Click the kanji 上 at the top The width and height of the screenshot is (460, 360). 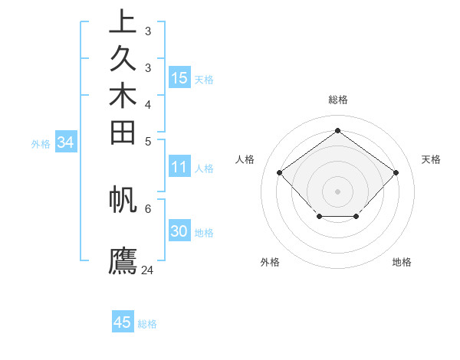pyautogui.click(x=123, y=22)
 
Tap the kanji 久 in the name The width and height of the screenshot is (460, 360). pyautogui.click(x=123, y=59)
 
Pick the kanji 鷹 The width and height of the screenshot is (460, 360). pyautogui.click(x=123, y=260)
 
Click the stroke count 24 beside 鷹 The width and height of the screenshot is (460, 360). pyautogui.click(x=148, y=270)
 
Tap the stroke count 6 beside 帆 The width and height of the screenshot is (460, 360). pyautogui.click(x=148, y=208)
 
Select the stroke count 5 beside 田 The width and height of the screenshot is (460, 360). pyautogui.click(x=148, y=141)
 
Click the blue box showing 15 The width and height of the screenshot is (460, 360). pyautogui.click(x=179, y=78)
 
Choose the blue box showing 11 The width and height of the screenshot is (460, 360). pyautogui.click(x=179, y=168)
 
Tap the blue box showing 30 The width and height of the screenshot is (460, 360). pyautogui.click(x=179, y=232)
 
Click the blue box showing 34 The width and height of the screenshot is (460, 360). pyautogui.click(x=66, y=142)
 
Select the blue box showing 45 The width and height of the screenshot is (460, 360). pyautogui.click(x=123, y=322)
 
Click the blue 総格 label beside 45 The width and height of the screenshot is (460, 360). pyautogui.click(x=148, y=324)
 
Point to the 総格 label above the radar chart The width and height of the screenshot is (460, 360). pyautogui.click(x=338, y=100)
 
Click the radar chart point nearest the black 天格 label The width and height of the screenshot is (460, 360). pyautogui.click(x=396, y=172)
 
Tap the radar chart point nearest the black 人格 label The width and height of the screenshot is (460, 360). pyautogui.click(x=280, y=172)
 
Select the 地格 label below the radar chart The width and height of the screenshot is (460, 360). pyautogui.click(x=402, y=262)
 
